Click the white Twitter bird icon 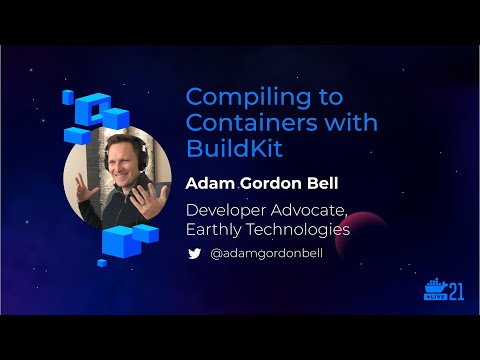click(195, 254)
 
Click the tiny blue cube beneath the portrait click(101, 263)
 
